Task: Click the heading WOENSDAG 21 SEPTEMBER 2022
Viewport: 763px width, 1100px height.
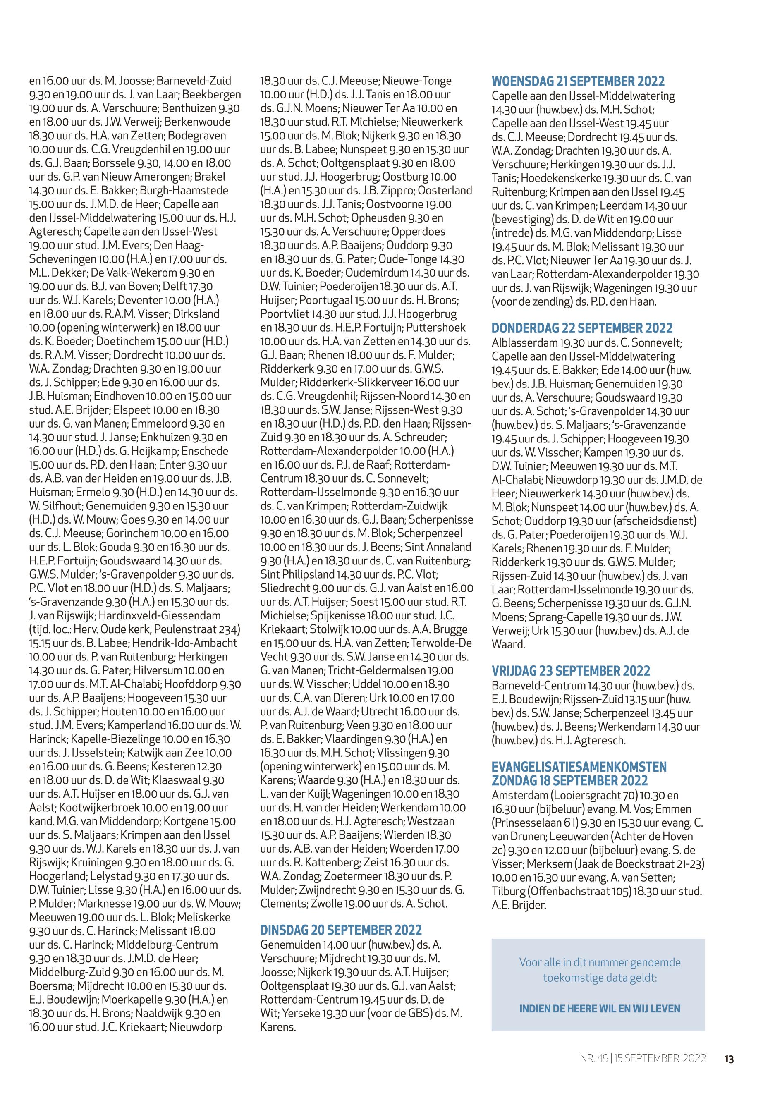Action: pos(578,81)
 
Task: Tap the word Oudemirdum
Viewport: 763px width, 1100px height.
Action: pos(376,273)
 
